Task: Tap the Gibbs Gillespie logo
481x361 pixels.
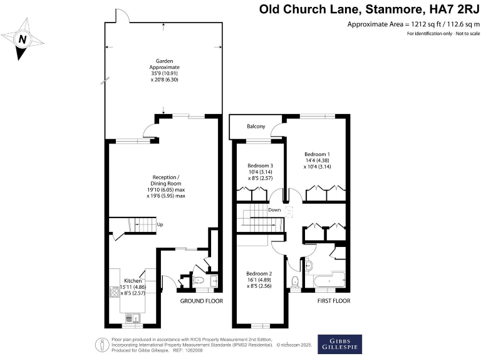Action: click(x=339, y=344)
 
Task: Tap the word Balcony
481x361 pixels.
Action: click(x=256, y=127)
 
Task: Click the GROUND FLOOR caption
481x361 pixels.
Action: click(x=202, y=301)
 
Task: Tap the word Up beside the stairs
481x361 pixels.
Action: click(x=160, y=225)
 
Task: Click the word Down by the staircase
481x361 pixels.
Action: click(x=274, y=211)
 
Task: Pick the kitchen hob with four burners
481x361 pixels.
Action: click(x=115, y=291)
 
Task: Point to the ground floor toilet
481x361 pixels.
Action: click(x=198, y=280)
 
